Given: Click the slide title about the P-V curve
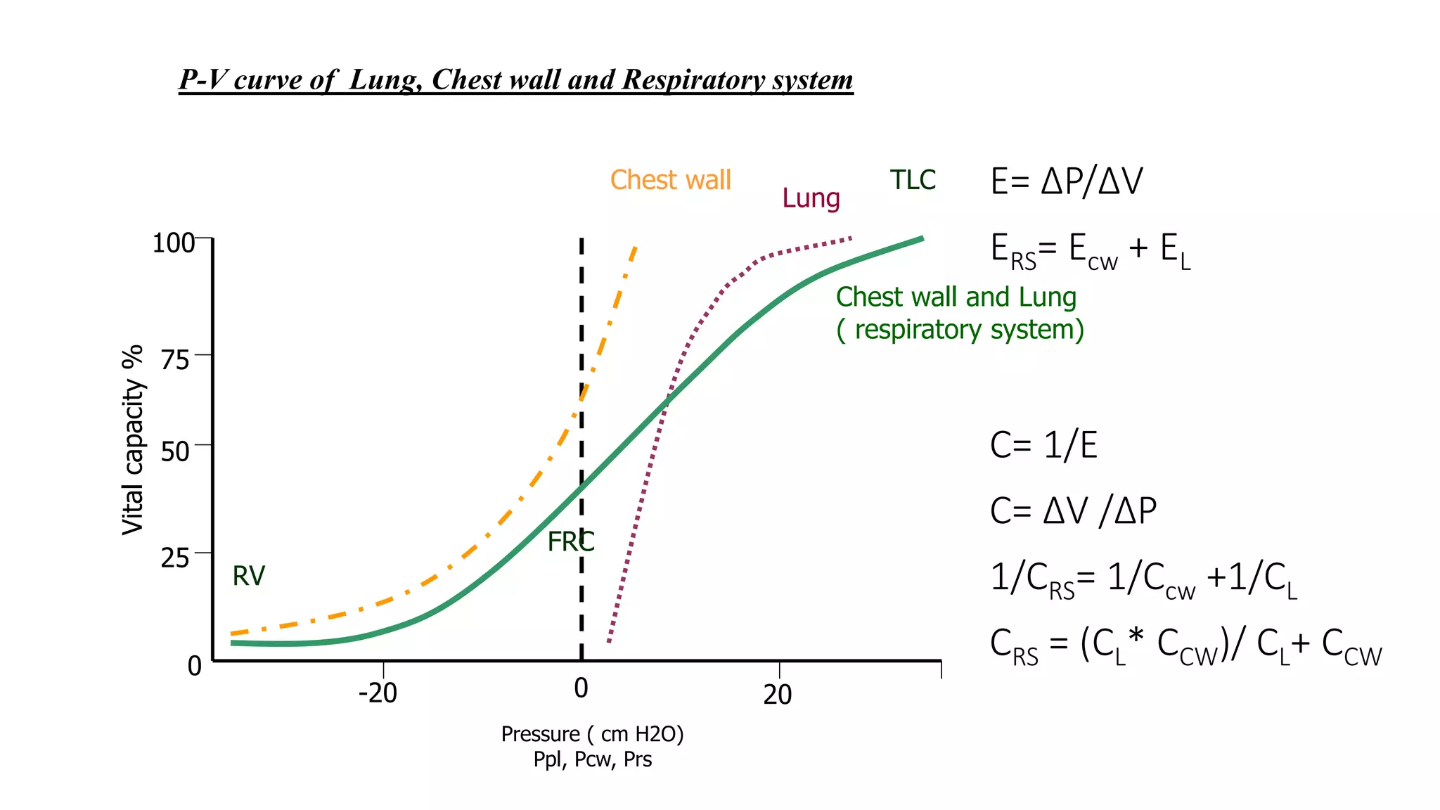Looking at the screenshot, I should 515,80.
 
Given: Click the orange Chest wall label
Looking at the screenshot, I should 670,180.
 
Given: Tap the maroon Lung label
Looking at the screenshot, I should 811,198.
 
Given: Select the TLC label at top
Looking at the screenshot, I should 913,180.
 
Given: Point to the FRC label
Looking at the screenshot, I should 570,541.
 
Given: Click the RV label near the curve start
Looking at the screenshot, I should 248,576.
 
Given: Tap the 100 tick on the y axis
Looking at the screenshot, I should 173,243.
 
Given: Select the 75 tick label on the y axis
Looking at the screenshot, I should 175,360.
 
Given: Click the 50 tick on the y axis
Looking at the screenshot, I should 175,451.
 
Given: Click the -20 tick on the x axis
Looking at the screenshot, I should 378,693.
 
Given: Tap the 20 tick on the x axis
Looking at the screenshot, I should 778,695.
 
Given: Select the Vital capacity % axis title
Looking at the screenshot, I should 132,440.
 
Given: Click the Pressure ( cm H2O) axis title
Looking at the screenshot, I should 592,734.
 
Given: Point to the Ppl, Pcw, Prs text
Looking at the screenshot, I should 592,759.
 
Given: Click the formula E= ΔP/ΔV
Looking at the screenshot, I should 1066,181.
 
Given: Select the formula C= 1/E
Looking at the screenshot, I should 1043,445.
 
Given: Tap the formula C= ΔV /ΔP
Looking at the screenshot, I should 1073,511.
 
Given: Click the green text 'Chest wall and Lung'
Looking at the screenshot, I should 956,297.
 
